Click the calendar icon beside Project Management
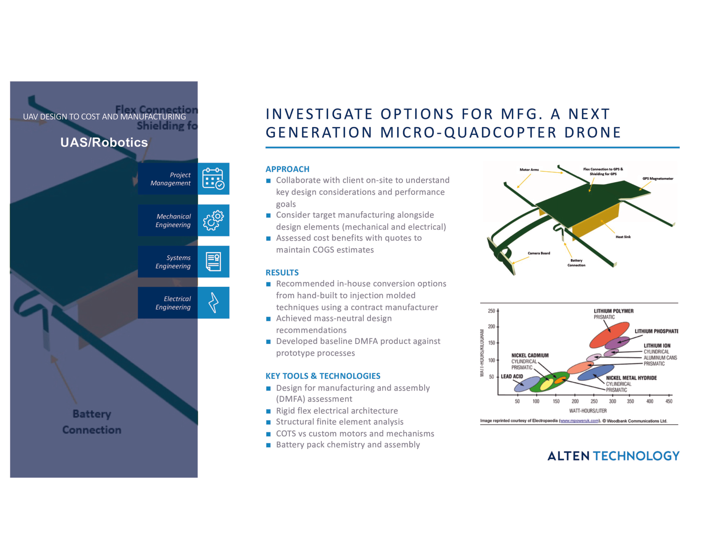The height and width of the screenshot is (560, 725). point(213,178)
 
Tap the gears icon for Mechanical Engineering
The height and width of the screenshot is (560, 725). point(213,220)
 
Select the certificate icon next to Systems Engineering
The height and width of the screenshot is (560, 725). point(213,261)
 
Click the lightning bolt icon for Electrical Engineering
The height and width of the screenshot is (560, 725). point(213,303)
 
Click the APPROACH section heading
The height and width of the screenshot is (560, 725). point(287,169)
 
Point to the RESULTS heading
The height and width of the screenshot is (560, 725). point(282,272)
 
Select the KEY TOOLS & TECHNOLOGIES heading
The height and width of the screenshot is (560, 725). point(323,376)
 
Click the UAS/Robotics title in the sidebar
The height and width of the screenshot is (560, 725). point(104,142)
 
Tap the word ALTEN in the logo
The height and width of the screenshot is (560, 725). point(568,456)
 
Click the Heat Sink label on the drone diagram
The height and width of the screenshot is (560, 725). point(623,237)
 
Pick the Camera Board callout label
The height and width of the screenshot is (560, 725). point(539,253)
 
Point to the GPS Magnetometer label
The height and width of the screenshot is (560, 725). point(658,179)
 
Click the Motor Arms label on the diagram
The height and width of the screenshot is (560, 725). point(529,170)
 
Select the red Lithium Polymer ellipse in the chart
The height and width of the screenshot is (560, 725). point(609,334)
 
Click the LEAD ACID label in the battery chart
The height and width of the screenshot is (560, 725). point(512,376)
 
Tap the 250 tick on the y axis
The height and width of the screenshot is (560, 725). point(491,311)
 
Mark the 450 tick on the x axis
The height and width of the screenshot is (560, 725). point(669,401)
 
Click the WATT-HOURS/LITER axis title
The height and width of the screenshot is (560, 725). point(588,411)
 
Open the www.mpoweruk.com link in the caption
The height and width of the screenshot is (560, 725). point(579,421)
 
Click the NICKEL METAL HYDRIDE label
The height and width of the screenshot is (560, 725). point(631,378)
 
